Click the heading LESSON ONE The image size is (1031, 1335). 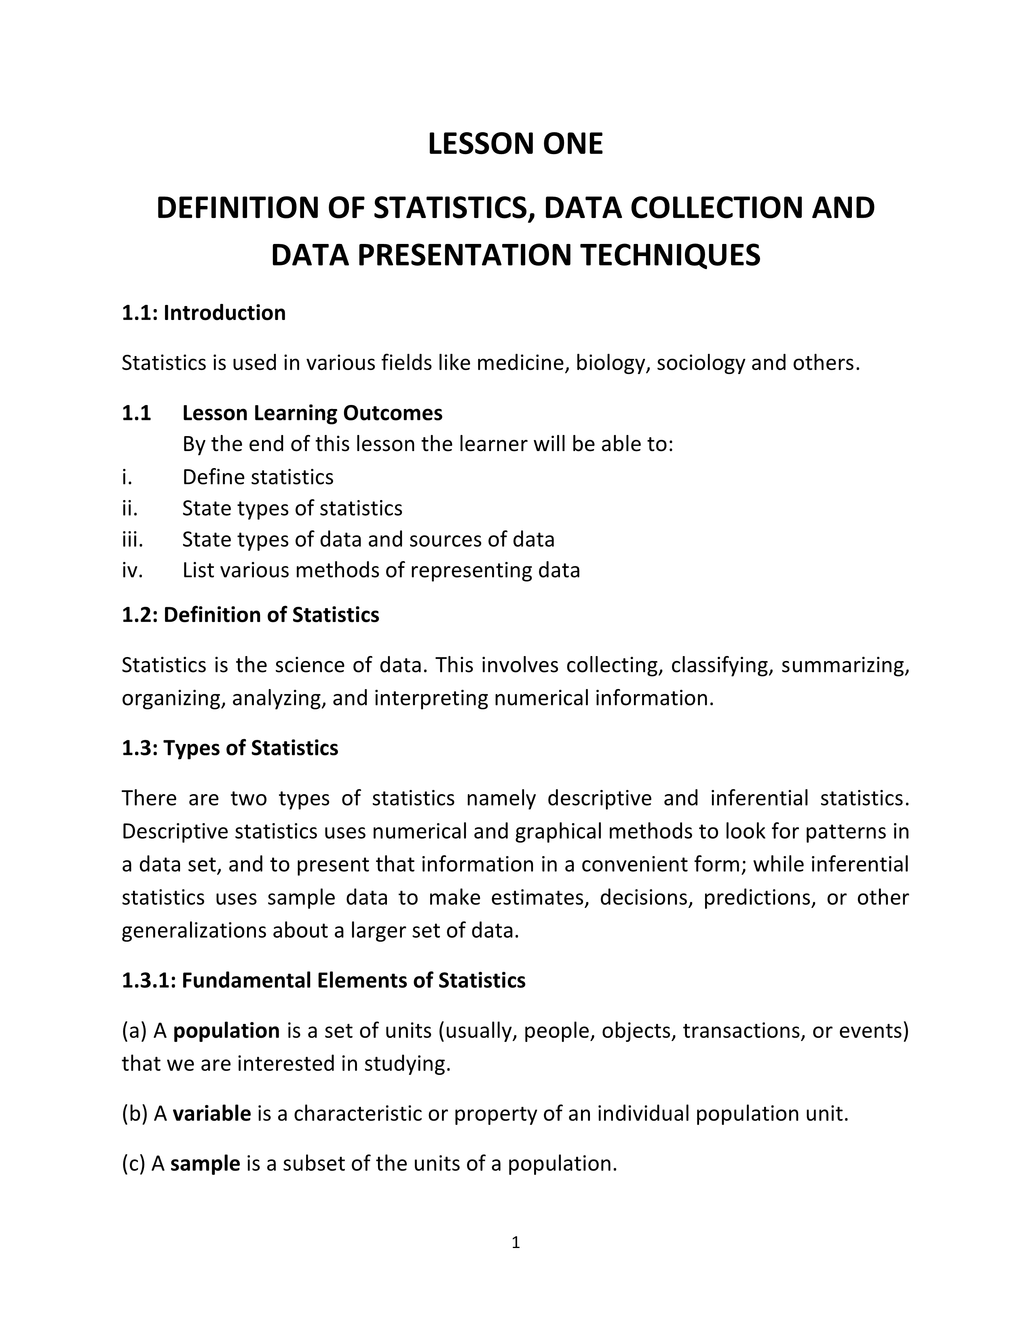click(x=515, y=144)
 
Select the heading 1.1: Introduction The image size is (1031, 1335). click(x=203, y=313)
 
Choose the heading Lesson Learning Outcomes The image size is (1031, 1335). click(x=312, y=413)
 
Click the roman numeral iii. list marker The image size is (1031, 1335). click(x=132, y=539)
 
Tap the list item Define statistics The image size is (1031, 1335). click(x=258, y=477)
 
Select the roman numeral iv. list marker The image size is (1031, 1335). click(x=132, y=570)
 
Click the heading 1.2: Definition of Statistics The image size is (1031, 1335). click(x=250, y=615)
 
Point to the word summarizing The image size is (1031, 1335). click(x=845, y=665)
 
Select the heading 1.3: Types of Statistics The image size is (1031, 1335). click(x=230, y=748)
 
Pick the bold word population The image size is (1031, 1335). click(x=226, y=1031)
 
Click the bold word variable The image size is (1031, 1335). click(x=211, y=1114)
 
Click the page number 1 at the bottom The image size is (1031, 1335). click(x=515, y=1243)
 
